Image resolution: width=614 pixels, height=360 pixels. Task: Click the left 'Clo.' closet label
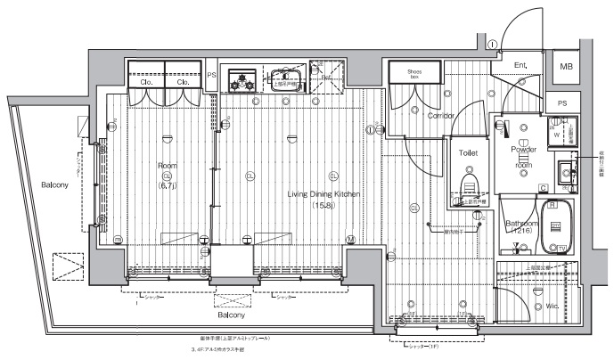pos(145,82)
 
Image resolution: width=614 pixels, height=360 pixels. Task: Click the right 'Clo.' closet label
pos(183,82)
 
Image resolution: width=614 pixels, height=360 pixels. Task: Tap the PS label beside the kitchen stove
pos(211,75)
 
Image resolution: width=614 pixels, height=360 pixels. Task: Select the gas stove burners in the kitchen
pos(240,82)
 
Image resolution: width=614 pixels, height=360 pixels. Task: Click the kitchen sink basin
pos(286,80)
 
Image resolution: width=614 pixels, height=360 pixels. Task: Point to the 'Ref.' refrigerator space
pos(327,78)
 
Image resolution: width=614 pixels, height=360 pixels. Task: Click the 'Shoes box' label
pos(414,73)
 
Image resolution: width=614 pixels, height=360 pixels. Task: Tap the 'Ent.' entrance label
pos(520,66)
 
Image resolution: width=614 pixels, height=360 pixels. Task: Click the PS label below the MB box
pos(561,102)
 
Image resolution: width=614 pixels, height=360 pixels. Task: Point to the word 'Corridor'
pos(441,116)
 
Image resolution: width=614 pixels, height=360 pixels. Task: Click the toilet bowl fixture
pos(469,185)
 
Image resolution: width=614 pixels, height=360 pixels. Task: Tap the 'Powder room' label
pos(523,157)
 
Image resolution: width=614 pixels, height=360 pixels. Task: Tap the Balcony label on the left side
pos(55,184)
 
